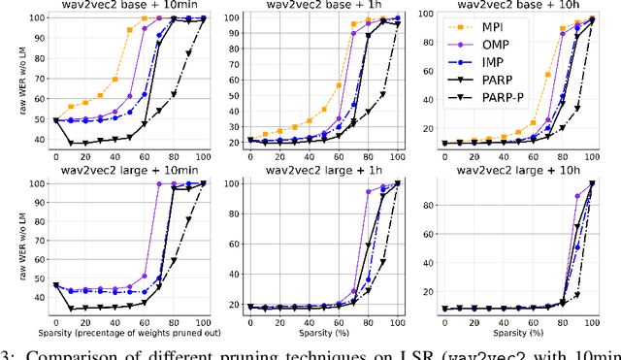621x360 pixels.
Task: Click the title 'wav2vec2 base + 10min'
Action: [130, 7]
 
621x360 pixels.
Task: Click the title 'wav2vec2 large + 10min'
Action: [130, 173]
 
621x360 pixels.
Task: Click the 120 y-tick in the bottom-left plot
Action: [37, 181]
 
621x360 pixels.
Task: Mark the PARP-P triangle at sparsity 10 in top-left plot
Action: [71, 143]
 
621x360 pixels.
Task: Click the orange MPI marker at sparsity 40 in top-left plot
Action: [115, 79]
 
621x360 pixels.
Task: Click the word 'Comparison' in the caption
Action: [74, 352]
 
